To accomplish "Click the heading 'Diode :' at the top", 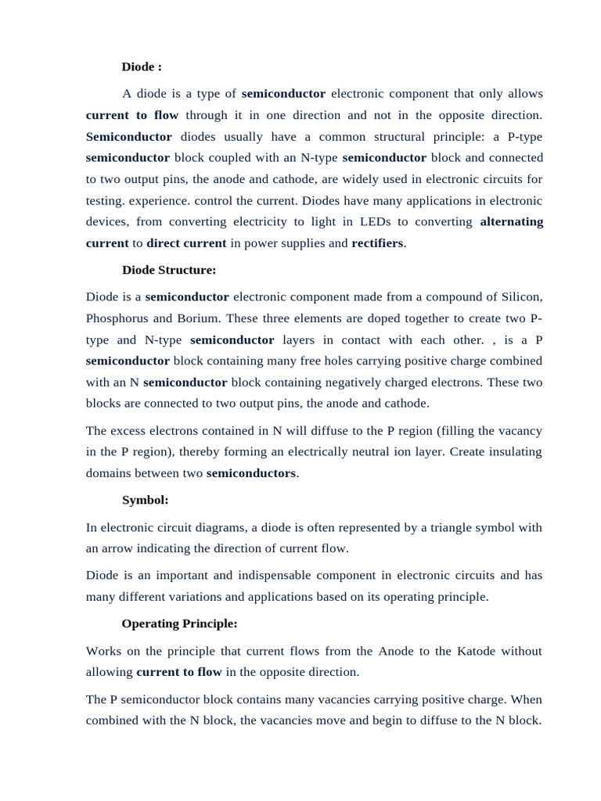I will coord(142,67).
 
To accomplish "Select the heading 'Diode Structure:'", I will coord(168,270).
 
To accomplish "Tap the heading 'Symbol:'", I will coord(145,500).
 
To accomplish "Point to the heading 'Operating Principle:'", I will coord(179,623).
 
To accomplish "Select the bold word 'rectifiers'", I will coord(378,243).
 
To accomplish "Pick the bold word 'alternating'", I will coord(511,221).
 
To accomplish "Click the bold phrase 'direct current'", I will coord(186,243).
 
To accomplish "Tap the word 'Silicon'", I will coord(521,297).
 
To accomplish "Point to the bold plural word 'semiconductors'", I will coord(251,473).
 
